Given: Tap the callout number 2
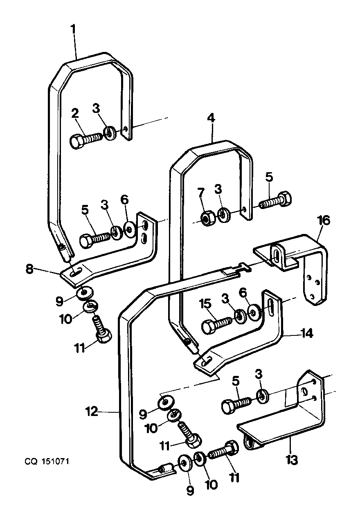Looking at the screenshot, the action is pos(74,114).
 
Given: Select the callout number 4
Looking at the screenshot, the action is pos(211,118).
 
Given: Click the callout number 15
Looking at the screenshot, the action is pos(205,304).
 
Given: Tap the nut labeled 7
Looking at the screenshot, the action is pos(207,218).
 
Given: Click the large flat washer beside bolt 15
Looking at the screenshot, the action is pos(253,313).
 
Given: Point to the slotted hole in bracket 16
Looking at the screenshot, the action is pos(276,256).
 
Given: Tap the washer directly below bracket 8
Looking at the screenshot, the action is pos(84,294).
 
